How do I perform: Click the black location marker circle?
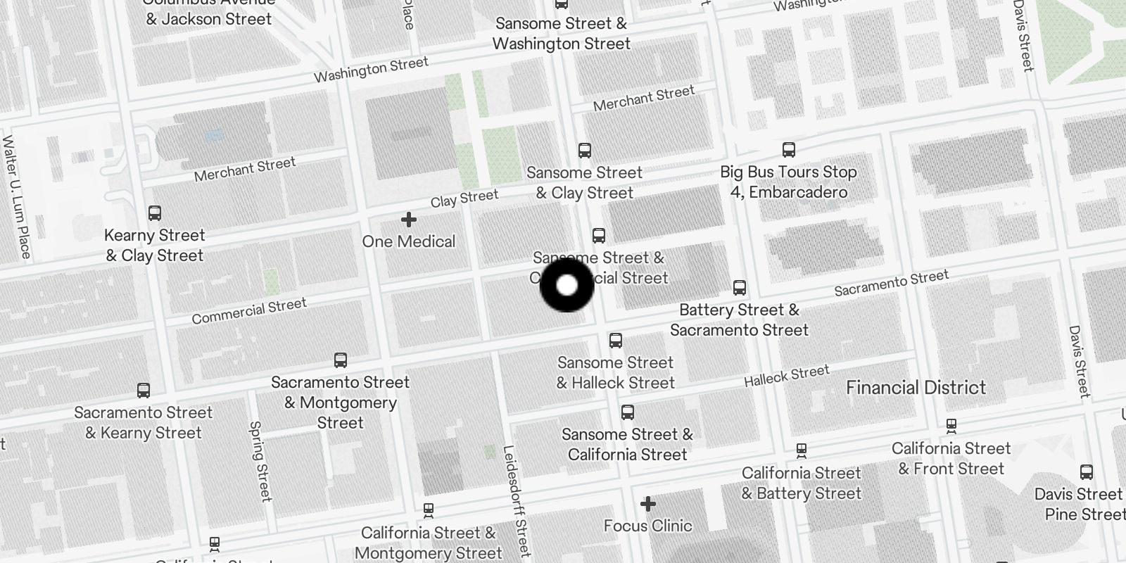pyautogui.click(x=567, y=285)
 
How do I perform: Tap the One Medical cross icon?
pyautogui.click(x=408, y=220)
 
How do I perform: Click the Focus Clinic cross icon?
pyautogui.click(x=647, y=504)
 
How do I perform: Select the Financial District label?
pyautogui.click(x=916, y=388)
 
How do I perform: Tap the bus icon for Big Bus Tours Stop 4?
pyautogui.click(x=788, y=150)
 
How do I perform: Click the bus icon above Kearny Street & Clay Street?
pyautogui.click(x=155, y=213)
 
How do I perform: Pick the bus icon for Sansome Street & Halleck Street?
pyautogui.click(x=616, y=341)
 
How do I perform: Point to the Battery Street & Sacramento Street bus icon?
pyautogui.click(x=739, y=288)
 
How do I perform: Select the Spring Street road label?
pyautogui.click(x=260, y=461)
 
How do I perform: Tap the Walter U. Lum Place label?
pyautogui.click(x=17, y=197)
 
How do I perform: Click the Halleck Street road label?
pyautogui.click(x=787, y=376)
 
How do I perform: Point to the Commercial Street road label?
pyautogui.click(x=249, y=311)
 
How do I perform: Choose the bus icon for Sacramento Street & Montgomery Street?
pyautogui.click(x=341, y=361)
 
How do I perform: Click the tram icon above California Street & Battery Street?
pyautogui.click(x=801, y=450)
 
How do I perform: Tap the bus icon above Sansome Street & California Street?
pyautogui.click(x=628, y=413)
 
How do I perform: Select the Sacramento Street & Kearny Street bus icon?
pyautogui.click(x=144, y=391)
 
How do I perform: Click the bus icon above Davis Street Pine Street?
pyautogui.click(x=1087, y=472)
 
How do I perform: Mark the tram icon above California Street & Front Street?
pyautogui.click(x=951, y=426)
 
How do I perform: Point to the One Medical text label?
pyautogui.click(x=408, y=241)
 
